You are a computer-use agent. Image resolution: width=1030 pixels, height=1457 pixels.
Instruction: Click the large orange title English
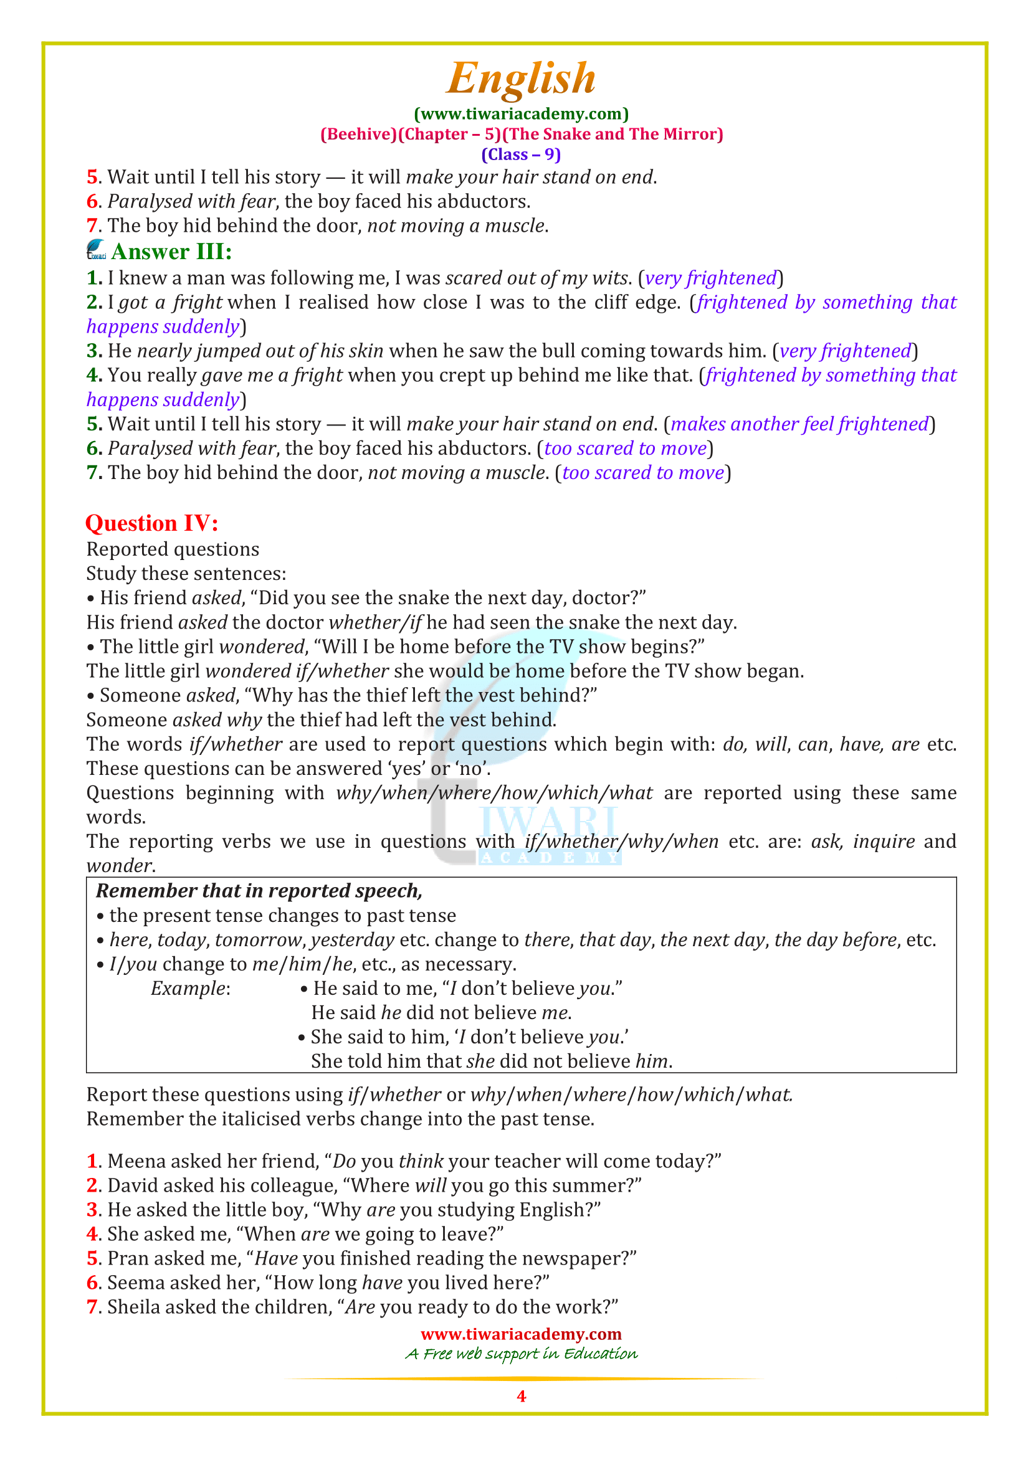pyautogui.click(x=520, y=78)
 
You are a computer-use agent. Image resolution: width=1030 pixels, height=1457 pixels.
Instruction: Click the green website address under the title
pyautogui.click(x=521, y=114)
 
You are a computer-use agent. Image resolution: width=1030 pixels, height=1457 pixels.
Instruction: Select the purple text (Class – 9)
pyautogui.click(x=521, y=155)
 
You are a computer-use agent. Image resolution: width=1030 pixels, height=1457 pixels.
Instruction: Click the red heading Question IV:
pyautogui.click(x=151, y=523)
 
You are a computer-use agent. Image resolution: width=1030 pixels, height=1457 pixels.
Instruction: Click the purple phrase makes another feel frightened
pyautogui.click(x=799, y=424)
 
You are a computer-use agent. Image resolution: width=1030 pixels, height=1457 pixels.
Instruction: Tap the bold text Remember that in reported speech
pyautogui.click(x=259, y=891)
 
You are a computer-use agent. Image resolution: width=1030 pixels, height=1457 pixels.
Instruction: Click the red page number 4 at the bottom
pyautogui.click(x=521, y=1395)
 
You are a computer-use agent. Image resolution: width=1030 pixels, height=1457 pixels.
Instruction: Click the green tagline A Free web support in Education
pyautogui.click(x=521, y=1354)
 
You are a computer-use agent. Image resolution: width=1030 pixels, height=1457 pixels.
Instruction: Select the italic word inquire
pyautogui.click(x=884, y=842)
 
